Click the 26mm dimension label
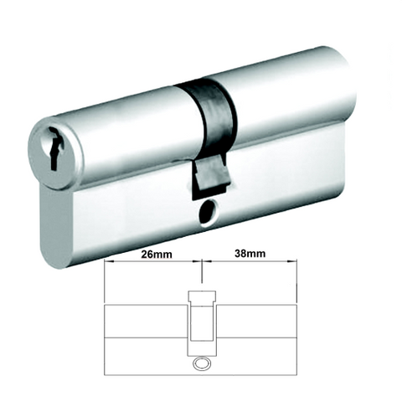point(151,252)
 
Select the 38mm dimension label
point(250,252)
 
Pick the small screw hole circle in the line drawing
point(201,364)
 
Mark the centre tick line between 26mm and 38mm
point(201,266)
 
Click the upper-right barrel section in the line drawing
point(255,319)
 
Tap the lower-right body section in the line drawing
point(255,351)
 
